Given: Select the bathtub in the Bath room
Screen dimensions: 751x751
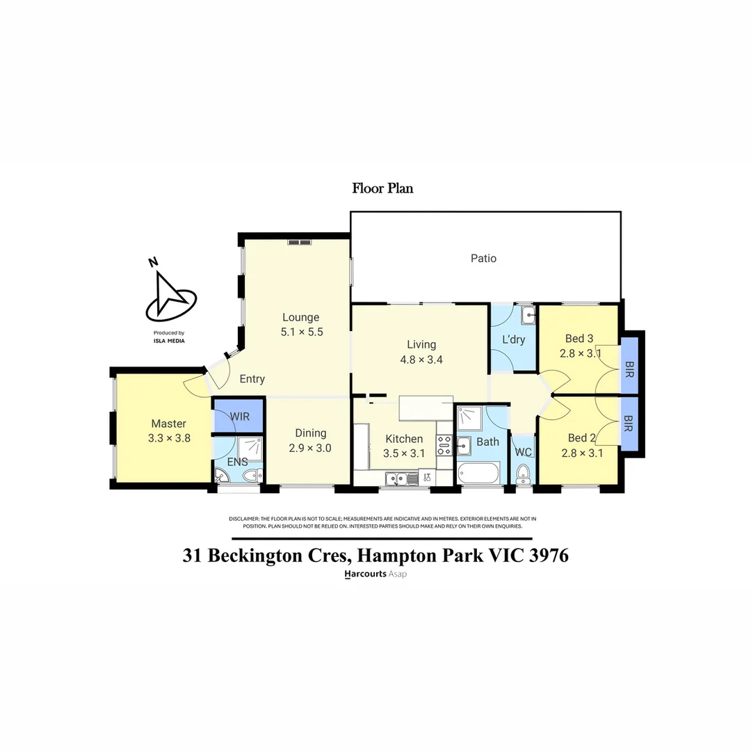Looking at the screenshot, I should click(478, 474).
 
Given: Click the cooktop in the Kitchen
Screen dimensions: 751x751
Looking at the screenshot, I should click(444, 444).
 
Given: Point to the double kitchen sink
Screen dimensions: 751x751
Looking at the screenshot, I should click(398, 478).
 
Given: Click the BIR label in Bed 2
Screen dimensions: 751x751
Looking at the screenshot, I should click(628, 423).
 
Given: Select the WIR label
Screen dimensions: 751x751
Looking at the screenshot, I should click(240, 416).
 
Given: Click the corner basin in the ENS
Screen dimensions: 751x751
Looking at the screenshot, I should click(221, 476).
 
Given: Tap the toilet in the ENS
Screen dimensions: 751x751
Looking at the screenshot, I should click(252, 476).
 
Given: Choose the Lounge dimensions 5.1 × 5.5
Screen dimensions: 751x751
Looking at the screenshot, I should click(302, 332).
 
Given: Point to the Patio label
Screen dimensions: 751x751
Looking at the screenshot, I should click(483, 258).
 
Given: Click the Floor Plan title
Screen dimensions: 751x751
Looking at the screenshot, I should click(382, 188).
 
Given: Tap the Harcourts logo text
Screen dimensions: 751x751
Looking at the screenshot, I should click(365, 575).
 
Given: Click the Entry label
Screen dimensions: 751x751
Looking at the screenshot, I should click(252, 379).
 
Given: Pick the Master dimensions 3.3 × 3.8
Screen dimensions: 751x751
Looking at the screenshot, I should click(169, 438).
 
